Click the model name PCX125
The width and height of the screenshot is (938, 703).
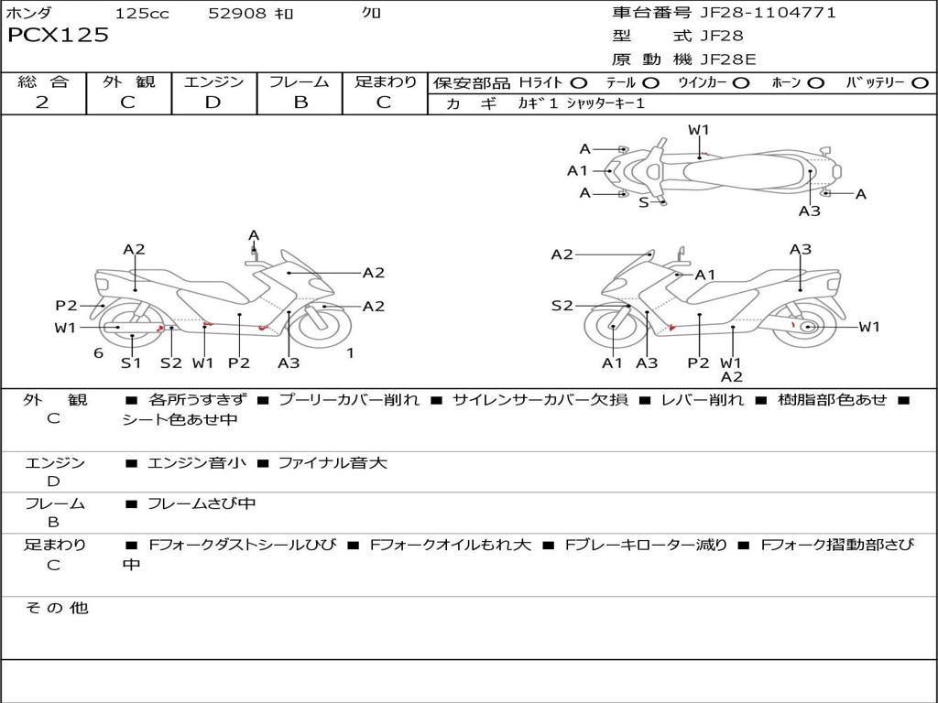(x=58, y=35)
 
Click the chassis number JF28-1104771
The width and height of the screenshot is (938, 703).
(x=769, y=13)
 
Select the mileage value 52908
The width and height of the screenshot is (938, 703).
(x=237, y=14)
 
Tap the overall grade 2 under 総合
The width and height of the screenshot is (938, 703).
(x=42, y=103)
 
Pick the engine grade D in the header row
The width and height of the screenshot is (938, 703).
(x=213, y=103)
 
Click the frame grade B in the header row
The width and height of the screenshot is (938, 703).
(x=300, y=103)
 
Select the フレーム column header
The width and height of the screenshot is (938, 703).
(x=300, y=81)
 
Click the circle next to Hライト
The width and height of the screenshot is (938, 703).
(x=579, y=83)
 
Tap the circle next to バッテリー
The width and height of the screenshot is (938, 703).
(x=921, y=83)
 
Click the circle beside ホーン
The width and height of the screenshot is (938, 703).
(x=815, y=83)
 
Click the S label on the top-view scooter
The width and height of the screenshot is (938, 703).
(x=644, y=202)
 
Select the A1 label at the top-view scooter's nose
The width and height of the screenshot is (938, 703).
(x=577, y=171)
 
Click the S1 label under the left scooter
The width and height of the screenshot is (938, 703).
(x=131, y=362)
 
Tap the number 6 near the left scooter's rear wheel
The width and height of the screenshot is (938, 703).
(x=99, y=353)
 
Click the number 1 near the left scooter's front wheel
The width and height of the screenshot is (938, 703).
(x=351, y=353)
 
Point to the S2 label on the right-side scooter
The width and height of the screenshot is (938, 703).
(x=562, y=306)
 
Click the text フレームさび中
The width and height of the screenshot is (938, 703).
(x=202, y=504)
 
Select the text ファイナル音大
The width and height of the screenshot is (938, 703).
(x=333, y=462)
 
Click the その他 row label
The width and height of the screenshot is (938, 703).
(x=57, y=608)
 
